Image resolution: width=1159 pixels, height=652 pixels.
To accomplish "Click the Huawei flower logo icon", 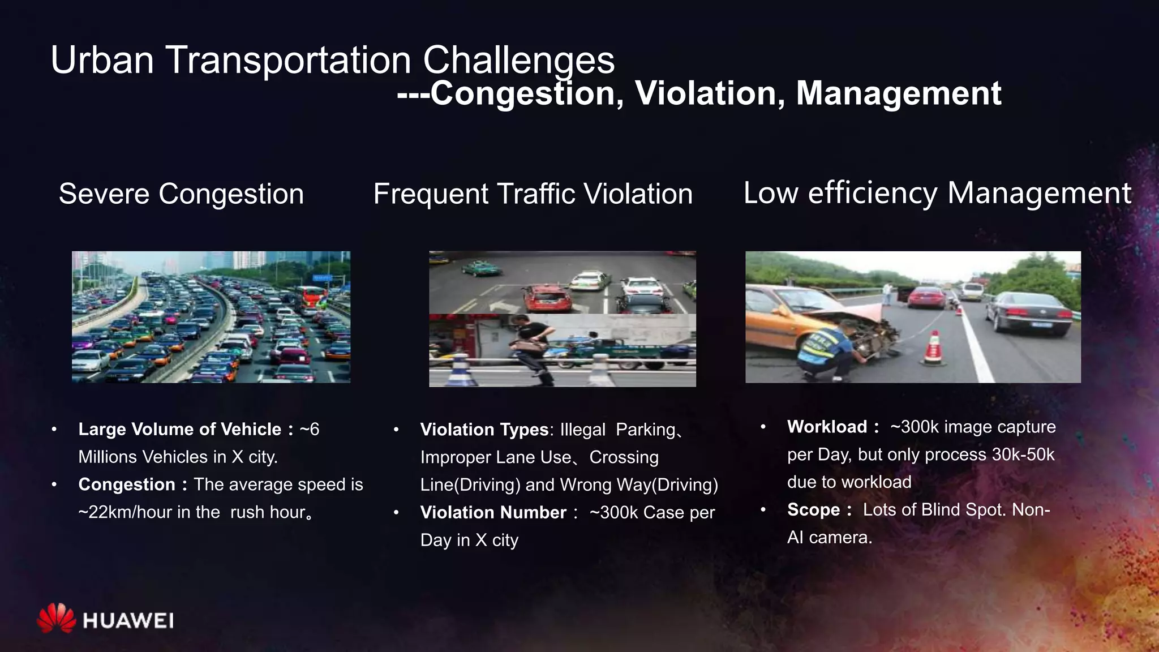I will tap(56, 618).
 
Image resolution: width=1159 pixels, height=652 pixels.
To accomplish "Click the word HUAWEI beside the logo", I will tap(128, 621).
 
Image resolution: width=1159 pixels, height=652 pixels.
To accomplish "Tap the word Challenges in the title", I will tap(518, 60).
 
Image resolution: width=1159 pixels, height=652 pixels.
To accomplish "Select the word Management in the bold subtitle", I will tap(899, 93).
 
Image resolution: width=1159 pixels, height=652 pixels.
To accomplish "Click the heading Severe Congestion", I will tap(181, 194).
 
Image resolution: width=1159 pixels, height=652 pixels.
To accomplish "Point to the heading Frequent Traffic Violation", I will tap(533, 194).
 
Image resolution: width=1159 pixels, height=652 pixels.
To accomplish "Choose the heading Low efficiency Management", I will tap(937, 193).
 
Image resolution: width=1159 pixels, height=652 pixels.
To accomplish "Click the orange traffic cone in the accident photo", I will tap(933, 347).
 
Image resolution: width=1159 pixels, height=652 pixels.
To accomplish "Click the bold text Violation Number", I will tap(493, 512).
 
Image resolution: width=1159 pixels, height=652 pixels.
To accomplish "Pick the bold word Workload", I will tap(827, 427).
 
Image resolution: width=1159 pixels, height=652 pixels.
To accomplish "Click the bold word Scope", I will tap(813, 510).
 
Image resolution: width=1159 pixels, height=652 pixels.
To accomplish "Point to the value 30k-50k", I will tap(1023, 454).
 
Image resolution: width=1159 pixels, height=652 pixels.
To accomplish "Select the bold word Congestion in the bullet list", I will tap(127, 484).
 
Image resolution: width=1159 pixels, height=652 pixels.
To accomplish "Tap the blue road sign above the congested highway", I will tap(323, 278).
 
